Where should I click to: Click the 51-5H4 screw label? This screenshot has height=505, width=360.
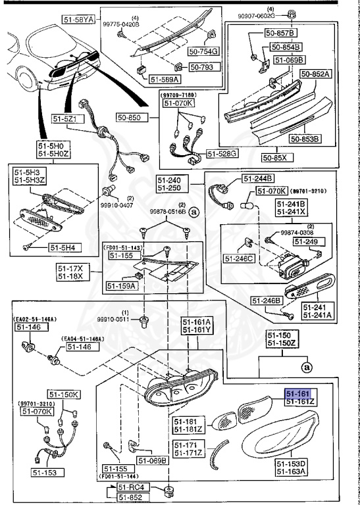[64, 247]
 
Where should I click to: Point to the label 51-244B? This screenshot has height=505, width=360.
[259, 178]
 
